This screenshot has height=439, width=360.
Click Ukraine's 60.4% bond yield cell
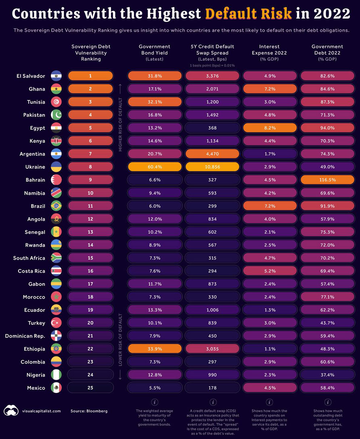pyautogui.click(x=155, y=167)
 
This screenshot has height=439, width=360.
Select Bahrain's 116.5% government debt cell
pyautogui.click(x=327, y=180)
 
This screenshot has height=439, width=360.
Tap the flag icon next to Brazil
pyautogui.click(x=57, y=206)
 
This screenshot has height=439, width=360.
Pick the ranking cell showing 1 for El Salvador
pyautogui.click(x=90, y=76)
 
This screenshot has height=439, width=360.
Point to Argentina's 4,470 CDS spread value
pyautogui.click(x=212, y=154)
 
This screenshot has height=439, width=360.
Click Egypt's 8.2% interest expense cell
pyautogui.click(x=270, y=128)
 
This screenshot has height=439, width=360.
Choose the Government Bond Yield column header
pyautogui.click(x=155, y=52)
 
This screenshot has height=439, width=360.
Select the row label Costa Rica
pyautogui.click(x=32, y=271)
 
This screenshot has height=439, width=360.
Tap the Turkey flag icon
pyautogui.click(x=57, y=323)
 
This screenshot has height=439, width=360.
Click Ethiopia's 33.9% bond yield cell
pyautogui.click(x=155, y=349)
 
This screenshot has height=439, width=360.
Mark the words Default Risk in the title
pyautogui.click(x=248, y=14)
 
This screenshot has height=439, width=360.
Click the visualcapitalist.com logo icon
pyautogui.click(x=11, y=411)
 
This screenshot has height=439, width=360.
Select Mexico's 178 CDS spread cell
pyautogui.click(x=212, y=388)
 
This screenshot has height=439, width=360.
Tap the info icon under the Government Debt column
pyautogui.click(x=327, y=402)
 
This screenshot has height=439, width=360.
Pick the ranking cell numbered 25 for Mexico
pyautogui.click(x=90, y=388)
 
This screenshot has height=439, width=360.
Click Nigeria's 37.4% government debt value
pyautogui.click(x=327, y=375)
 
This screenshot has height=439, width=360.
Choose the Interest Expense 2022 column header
pyautogui.click(x=270, y=52)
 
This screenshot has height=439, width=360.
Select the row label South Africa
pyautogui.click(x=29, y=258)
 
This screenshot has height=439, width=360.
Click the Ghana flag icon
pyautogui.click(x=57, y=89)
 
